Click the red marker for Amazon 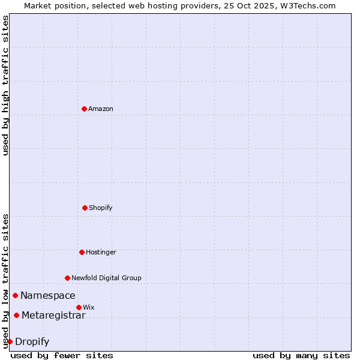click(84, 109)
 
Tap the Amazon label click(101, 109)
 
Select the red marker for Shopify click(85, 208)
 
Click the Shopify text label click(101, 208)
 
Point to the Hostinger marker click(82, 252)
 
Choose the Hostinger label click(101, 252)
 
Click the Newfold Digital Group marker click(67, 278)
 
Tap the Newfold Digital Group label click(106, 278)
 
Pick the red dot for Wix click(79, 307)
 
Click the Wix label click(89, 307)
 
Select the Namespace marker click(15, 295)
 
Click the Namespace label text click(48, 295)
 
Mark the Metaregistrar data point click(16, 315)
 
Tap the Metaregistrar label click(53, 316)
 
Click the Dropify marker click(10, 341)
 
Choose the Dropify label click(32, 342)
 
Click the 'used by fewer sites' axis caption click(62, 355)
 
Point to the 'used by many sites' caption click(301, 355)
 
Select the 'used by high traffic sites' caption click(5, 85)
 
